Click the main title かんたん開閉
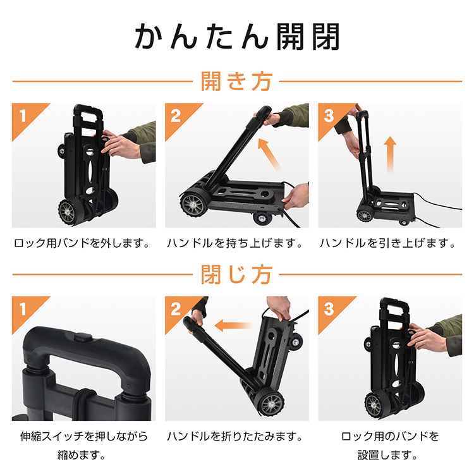[x=237, y=36]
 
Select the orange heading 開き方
[x=237, y=82]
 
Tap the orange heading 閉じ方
[x=237, y=274]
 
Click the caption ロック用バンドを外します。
[x=82, y=243]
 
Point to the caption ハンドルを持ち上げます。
[x=235, y=243]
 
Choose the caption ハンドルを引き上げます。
[x=388, y=243]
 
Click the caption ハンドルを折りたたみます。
[x=235, y=436]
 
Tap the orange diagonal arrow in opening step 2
[x=269, y=154]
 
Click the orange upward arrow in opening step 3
[x=391, y=155]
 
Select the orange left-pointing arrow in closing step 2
[x=233, y=325]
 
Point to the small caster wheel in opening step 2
[x=261, y=217]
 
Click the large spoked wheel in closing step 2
[x=270, y=404]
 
